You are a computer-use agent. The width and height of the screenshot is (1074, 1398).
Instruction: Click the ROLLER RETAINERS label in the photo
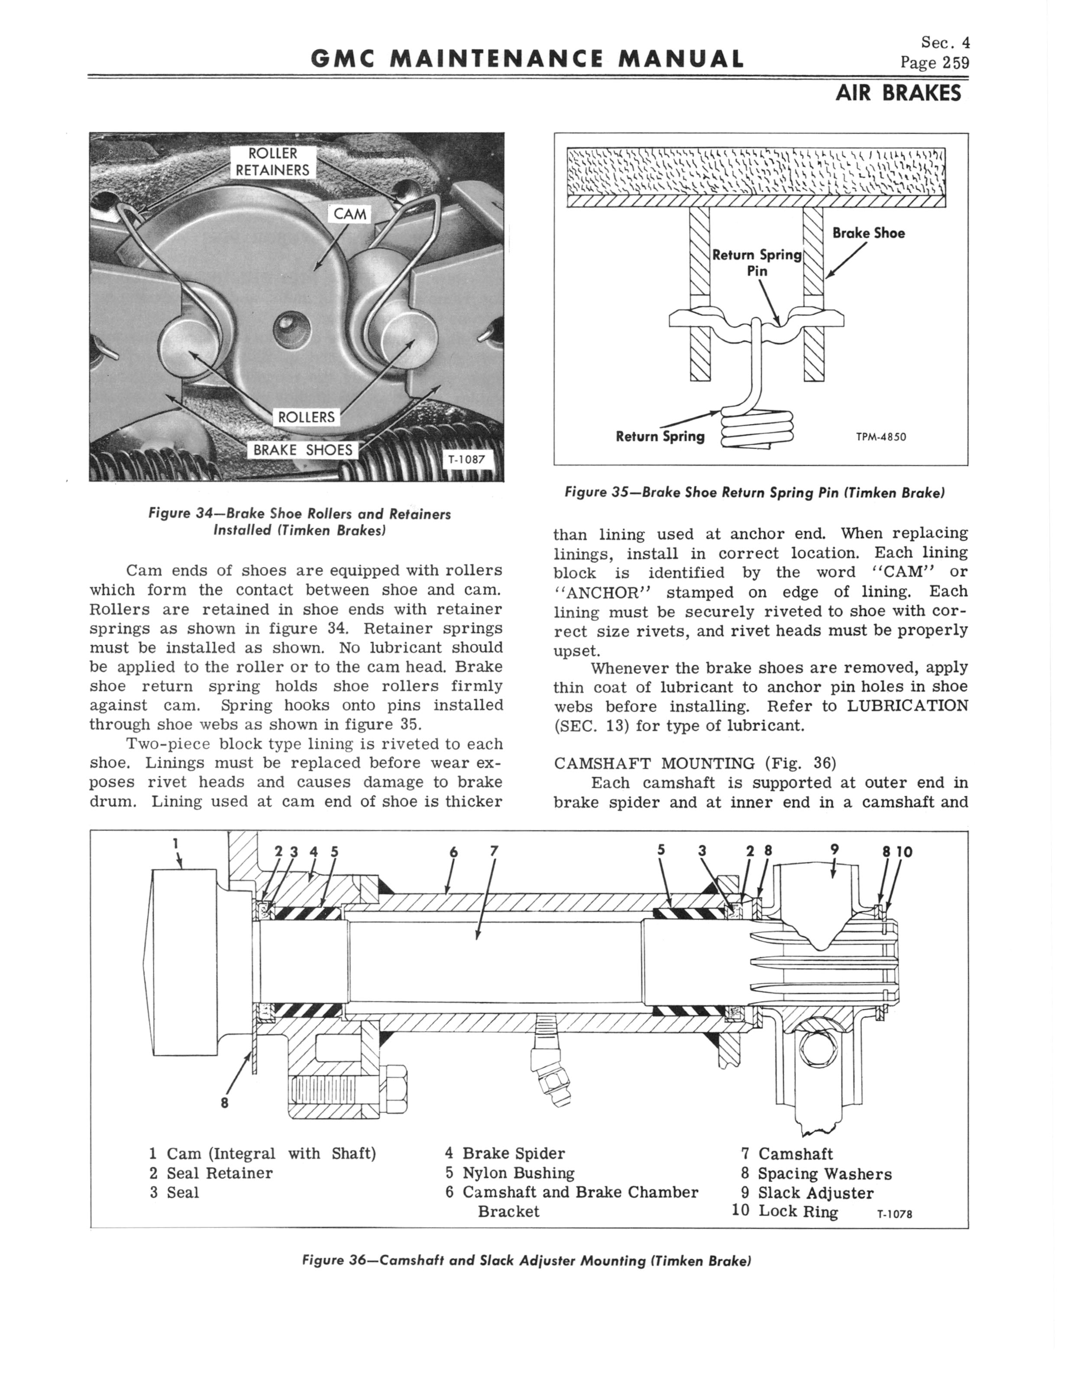tap(272, 161)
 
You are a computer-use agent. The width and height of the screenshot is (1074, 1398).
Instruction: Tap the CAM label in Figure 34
tap(350, 213)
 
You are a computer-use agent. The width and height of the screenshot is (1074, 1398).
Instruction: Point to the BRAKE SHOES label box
tap(303, 450)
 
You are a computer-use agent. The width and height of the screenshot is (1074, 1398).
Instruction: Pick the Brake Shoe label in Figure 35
tap(868, 233)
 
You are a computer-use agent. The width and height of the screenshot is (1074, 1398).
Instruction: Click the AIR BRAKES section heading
tap(898, 94)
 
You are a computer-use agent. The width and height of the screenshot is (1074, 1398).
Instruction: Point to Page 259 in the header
tap(934, 63)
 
